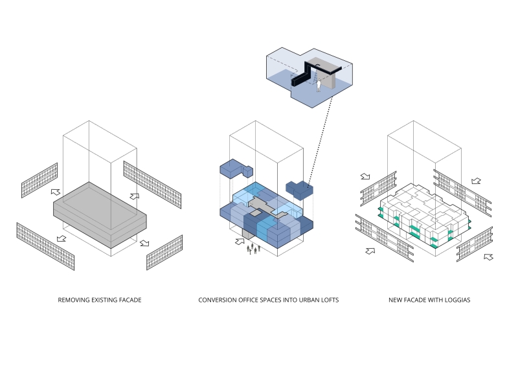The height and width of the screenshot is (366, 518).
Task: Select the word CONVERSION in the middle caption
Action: point(220,301)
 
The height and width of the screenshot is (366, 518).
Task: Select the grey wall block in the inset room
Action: point(328,76)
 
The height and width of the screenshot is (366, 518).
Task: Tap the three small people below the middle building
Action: point(255,249)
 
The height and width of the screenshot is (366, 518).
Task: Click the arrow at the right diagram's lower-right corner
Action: point(489,257)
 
